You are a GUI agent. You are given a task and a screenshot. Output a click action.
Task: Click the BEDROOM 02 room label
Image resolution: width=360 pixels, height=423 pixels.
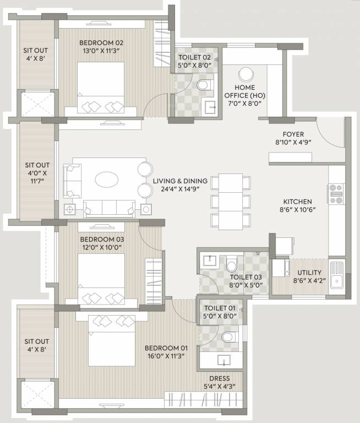coord(101,43)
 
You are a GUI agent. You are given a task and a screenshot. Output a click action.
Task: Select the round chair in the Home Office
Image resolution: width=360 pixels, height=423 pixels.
coord(246,74)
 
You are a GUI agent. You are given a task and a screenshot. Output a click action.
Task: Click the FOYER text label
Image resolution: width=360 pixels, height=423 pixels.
coord(293,134)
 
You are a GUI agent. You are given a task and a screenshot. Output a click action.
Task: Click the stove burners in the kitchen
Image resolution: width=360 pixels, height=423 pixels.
coord(335,194)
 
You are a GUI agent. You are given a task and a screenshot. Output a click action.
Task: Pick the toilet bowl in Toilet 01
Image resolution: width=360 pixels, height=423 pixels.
coord(228,336)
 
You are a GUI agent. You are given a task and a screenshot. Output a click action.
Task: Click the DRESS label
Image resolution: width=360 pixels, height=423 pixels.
coord(219,378)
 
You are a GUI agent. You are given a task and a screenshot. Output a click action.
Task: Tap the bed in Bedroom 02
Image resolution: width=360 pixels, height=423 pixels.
coord(101,88)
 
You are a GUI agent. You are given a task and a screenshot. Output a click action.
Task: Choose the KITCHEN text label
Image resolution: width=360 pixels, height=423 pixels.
coord(298,202)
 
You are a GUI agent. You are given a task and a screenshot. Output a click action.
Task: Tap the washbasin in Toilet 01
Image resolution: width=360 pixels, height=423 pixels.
coord(223,361)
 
